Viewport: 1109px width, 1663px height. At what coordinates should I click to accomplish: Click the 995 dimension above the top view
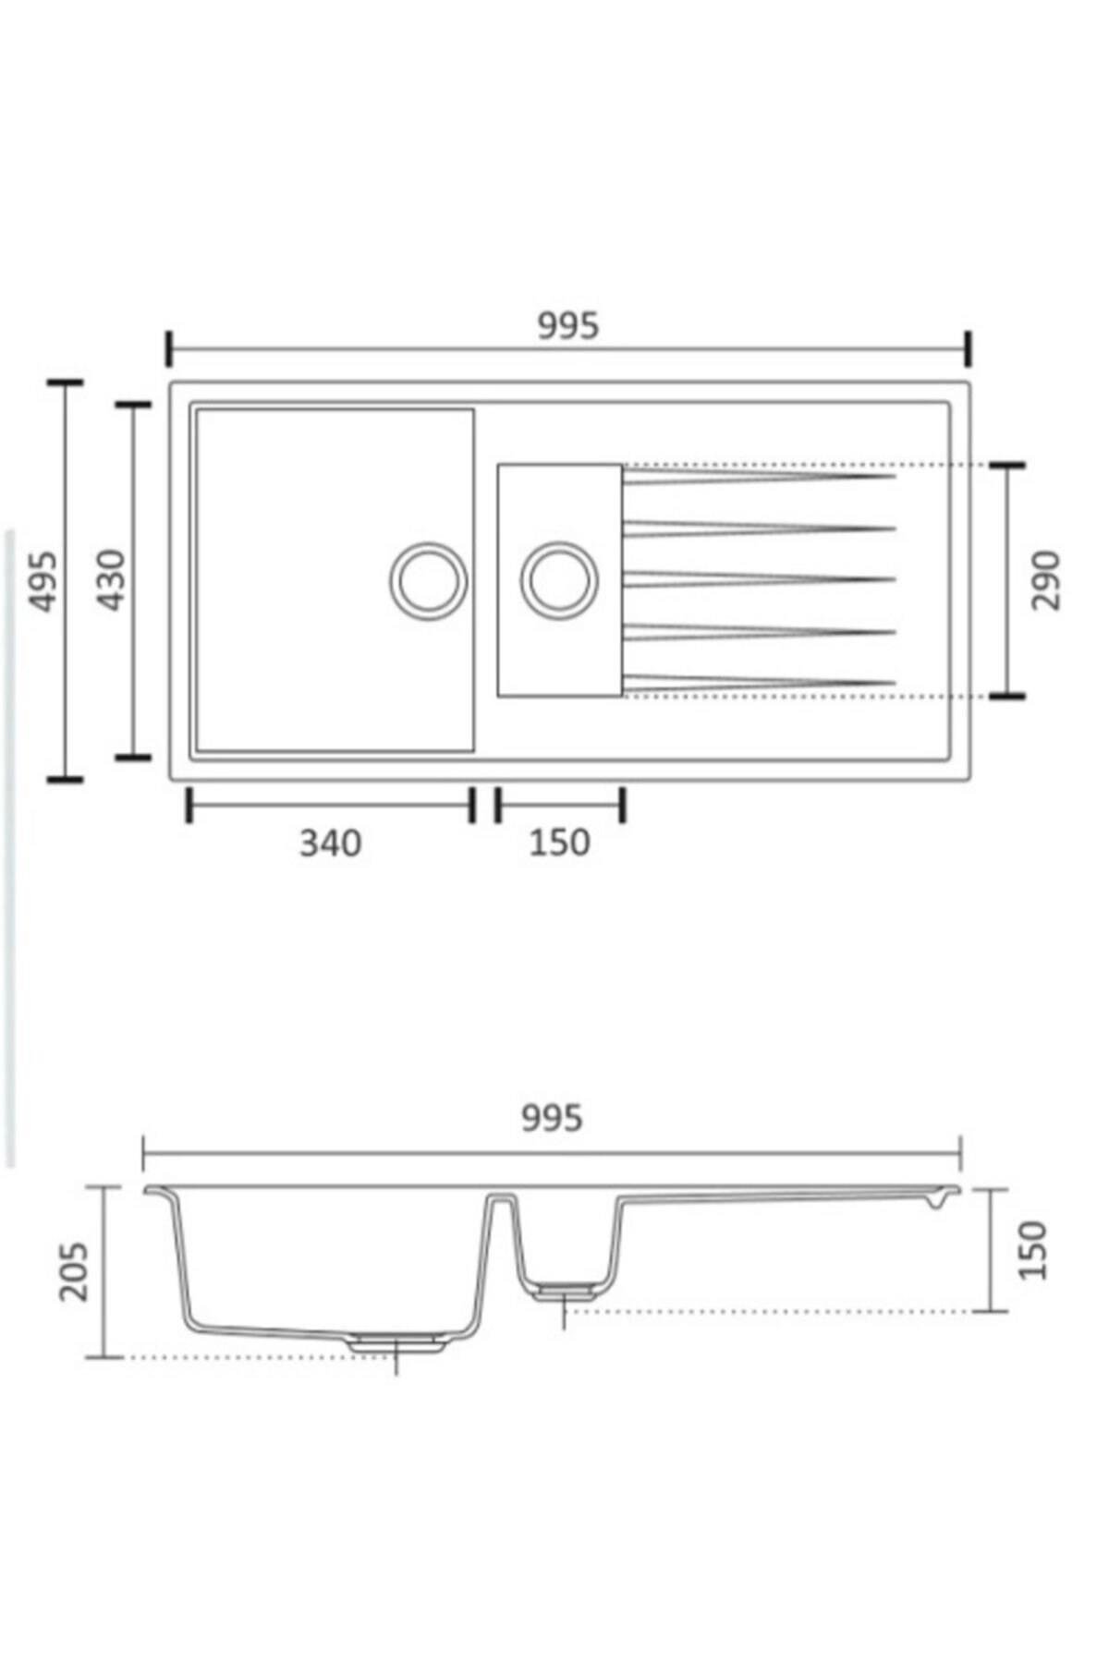[x=568, y=325]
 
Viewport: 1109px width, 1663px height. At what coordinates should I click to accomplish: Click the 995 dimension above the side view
[x=552, y=1118]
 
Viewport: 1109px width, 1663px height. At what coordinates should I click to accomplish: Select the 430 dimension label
[x=112, y=580]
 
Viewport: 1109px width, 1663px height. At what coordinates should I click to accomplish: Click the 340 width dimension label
[x=330, y=843]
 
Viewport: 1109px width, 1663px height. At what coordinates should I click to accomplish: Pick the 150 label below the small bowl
[x=559, y=843]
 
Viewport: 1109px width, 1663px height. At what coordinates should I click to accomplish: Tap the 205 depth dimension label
[x=74, y=1272]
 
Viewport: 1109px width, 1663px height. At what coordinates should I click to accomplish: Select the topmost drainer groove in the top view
[x=758, y=476]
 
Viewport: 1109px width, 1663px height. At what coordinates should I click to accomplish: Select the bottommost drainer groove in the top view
[x=758, y=683]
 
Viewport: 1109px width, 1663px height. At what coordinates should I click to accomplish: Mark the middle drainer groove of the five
[x=758, y=579]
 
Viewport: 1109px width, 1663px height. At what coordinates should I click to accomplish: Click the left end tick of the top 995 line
[x=169, y=350]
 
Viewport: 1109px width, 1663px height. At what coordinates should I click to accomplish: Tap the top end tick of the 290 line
[x=1006, y=466]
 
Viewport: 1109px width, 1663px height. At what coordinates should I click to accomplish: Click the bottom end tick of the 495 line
[x=65, y=780]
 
